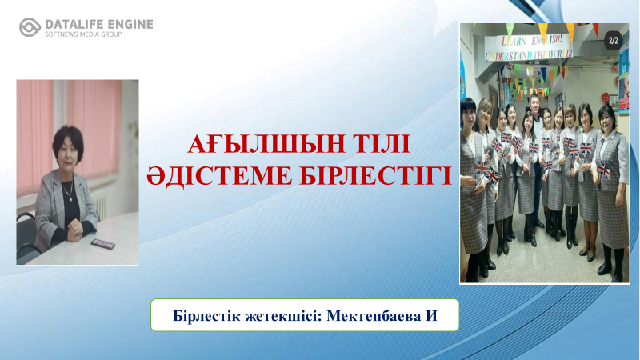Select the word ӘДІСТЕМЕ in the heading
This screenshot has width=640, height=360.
[x=219, y=176]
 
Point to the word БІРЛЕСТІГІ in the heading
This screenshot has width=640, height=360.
[x=375, y=175]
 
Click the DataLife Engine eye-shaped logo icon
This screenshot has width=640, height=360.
[x=30, y=27]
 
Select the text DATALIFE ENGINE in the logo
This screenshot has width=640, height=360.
[x=98, y=25]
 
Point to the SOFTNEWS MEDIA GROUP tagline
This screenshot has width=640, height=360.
[x=83, y=34]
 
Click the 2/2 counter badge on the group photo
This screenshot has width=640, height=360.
[x=613, y=41]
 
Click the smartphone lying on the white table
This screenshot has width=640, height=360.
[x=103, y=244]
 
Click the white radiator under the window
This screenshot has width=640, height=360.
[x=101, y=206]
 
